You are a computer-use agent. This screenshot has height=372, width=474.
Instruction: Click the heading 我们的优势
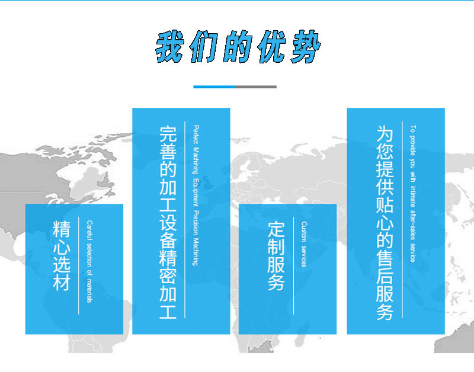[238, 47]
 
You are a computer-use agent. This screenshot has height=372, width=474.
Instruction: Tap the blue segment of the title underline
[214, 87]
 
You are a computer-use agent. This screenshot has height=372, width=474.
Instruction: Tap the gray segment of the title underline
[256, 87]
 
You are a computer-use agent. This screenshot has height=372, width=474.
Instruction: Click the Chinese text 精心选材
[62, 256]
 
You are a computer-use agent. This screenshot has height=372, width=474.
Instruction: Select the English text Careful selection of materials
[89, 261]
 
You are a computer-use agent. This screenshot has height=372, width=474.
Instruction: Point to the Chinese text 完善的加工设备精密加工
[168, 222]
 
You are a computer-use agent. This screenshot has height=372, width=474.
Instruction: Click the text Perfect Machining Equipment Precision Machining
[196, 195]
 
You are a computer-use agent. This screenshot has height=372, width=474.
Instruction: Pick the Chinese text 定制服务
[276, 256]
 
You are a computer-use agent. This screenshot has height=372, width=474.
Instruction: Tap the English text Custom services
[304, 244]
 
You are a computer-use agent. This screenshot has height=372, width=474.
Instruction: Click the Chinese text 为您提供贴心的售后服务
[385, 223]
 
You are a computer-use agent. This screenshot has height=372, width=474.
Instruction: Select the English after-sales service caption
[412, 194]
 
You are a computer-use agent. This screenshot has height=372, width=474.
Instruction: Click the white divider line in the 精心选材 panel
[79, 265]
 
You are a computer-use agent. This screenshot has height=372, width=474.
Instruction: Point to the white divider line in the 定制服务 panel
[293, 265]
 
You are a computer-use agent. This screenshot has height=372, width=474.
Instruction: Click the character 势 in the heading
[305, 47]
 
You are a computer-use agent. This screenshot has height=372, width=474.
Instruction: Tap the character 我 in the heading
[170, 47]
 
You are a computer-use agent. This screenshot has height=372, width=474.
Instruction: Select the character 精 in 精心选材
[62, 229]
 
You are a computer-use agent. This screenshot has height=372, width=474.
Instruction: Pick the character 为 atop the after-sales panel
[385, 134]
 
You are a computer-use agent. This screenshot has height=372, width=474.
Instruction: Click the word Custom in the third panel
[304, 232]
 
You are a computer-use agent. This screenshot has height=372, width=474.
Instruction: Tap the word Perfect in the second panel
[196, 134]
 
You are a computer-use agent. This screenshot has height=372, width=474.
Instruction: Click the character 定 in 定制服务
[276, 229]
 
